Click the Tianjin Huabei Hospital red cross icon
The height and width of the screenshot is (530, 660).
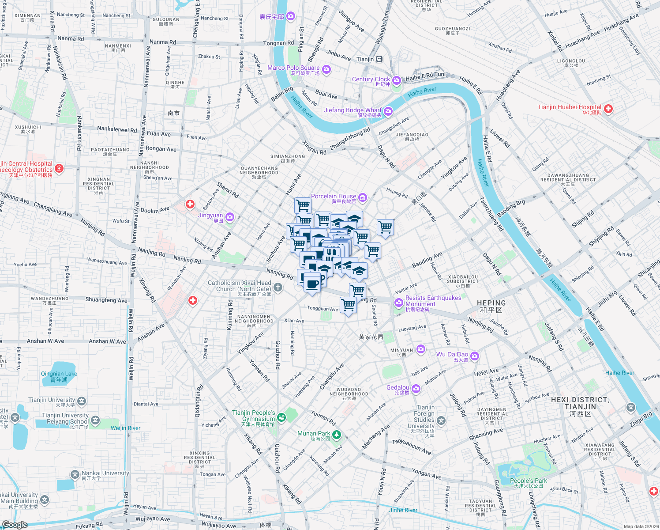click(x=608, y=109)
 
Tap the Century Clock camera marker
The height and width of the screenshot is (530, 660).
click(x=396, y=80)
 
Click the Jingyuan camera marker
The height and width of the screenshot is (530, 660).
click(x=229, y=217)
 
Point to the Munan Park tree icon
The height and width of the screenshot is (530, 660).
click(x=337, y=435)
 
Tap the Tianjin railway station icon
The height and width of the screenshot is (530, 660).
click(x=379, y=59)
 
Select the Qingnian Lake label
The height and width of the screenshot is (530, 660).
click(x=59, y=376)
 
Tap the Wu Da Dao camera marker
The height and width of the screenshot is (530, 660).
click(x=475, y=356)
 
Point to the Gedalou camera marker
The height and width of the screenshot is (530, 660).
click(x=416, y=389)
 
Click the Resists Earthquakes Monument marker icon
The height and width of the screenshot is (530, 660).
click(x=399, y=303)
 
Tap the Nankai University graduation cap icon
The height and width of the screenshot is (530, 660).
click(x=75, y=475)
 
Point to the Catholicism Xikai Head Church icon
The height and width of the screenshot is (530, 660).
click(x=278, y=288)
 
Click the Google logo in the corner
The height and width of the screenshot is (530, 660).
click(x=15, y=525)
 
